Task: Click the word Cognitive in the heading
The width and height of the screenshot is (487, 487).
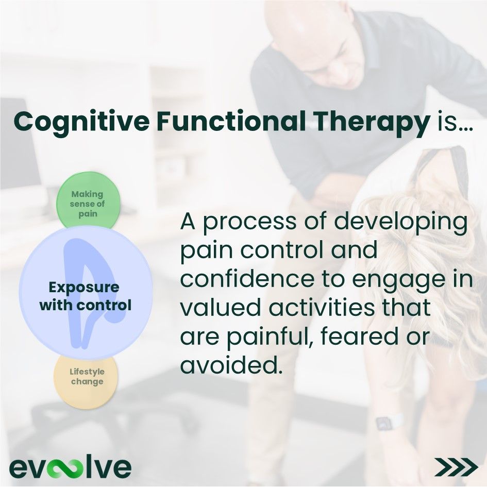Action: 81,123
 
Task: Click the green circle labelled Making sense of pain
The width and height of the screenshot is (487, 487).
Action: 88,201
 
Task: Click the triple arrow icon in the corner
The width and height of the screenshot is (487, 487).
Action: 456,466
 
